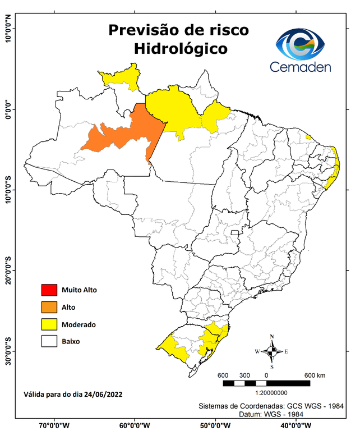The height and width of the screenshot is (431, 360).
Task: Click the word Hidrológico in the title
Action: (x=181, y=49)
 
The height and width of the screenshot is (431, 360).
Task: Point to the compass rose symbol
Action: (x=271, y=351)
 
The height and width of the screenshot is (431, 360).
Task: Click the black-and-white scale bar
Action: (x=266, y=383)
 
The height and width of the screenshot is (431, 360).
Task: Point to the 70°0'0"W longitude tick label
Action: (x=54, y=425)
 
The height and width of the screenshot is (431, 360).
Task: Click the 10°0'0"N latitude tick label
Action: (x=8, y=28)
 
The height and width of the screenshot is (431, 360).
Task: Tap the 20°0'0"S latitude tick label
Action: (x=8, y=270)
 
